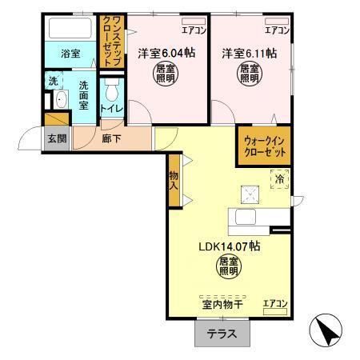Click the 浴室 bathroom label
[x=70, y=54]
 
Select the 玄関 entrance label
[x=56, y=138]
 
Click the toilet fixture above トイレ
[x=111, y=89]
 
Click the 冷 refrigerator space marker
[x=279, y=181]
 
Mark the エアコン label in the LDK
[x=276, y=302]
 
